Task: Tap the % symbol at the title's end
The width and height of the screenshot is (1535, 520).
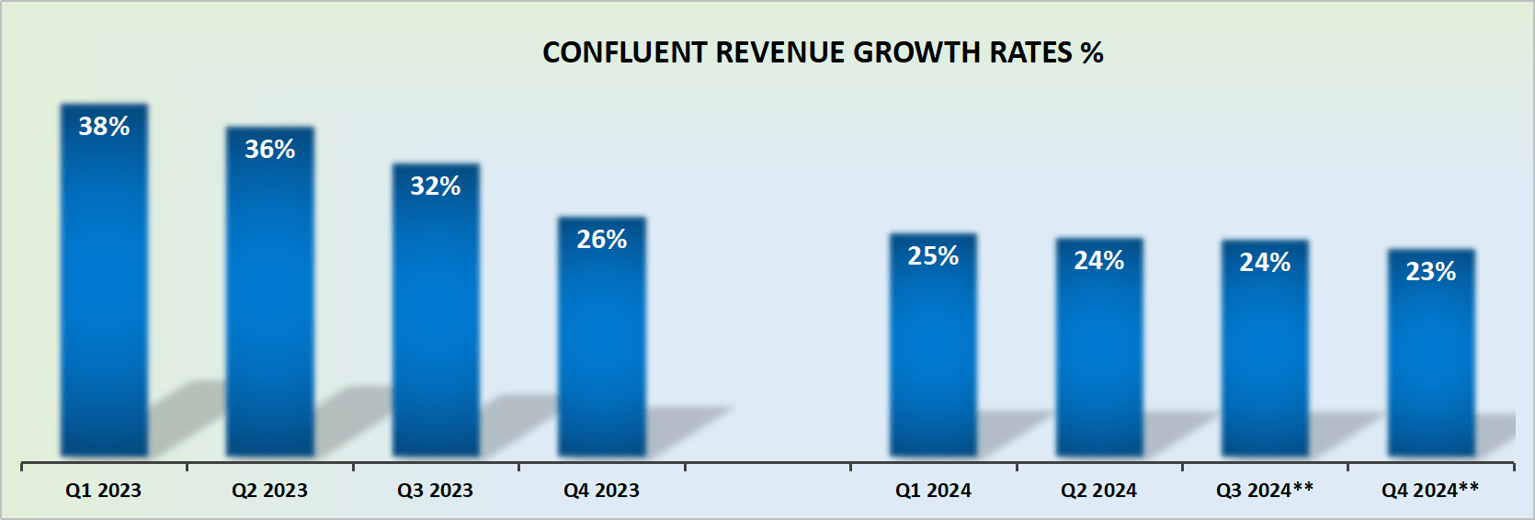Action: point(1092,52)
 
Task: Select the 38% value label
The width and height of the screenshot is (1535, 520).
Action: point(104,127)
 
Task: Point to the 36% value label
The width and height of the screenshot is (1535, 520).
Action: point(269,150)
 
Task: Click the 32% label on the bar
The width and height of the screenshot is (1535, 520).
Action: point(436,187)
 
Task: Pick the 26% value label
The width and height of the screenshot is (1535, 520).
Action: point(602,240)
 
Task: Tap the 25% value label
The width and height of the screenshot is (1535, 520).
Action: point(933,256)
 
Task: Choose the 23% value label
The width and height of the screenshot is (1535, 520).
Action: point(1431,272)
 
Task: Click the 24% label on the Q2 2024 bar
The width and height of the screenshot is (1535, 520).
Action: point(1099,261)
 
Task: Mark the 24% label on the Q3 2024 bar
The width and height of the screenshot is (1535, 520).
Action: point(1265,263)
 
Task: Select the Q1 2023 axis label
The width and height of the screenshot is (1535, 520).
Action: point(103,491)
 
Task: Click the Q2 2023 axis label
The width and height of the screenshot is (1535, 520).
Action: point(269,491)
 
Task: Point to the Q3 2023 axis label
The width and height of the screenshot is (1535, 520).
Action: point(435,491)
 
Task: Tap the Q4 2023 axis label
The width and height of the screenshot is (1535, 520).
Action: point(601,491)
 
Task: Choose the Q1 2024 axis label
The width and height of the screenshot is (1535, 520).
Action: point(933,491)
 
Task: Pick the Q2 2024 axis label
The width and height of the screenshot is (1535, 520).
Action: point(1098,491)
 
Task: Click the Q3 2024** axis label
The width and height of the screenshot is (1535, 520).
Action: point(1265,491)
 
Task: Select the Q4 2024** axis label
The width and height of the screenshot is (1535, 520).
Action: point(1430,491)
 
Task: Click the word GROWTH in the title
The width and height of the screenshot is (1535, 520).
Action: point(916,52)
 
